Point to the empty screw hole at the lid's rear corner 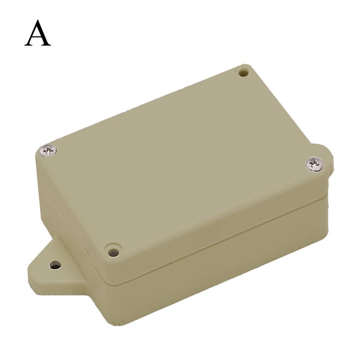(x=243, y=72)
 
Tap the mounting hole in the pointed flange (x=55, y=265)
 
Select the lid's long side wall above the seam (x=216, y=225)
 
